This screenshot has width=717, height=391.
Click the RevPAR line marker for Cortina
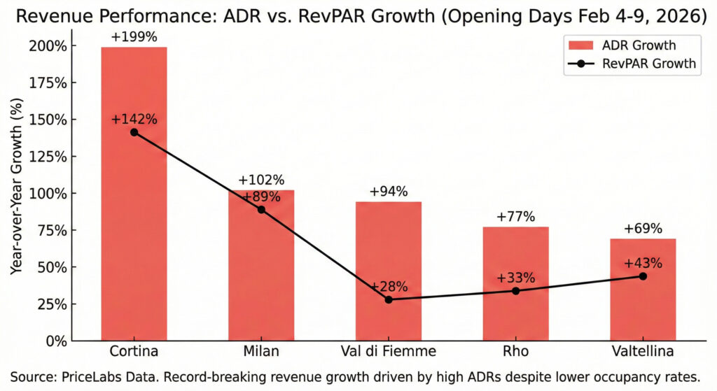134,132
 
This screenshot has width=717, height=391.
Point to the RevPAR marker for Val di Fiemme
389,299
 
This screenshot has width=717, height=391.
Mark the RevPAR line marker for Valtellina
643,276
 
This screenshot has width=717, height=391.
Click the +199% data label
134,36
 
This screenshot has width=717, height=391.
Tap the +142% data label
134,118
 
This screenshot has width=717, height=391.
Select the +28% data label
389,286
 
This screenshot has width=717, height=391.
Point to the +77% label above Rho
516,217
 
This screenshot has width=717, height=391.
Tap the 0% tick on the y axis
55,341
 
